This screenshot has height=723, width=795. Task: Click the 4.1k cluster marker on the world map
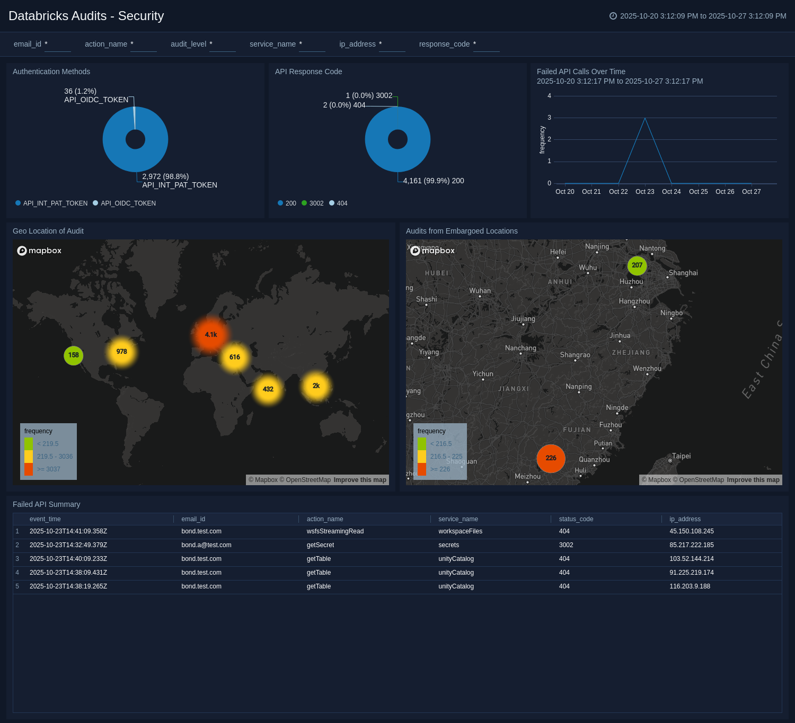[211, 335]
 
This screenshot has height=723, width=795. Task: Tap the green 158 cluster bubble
[74, 355]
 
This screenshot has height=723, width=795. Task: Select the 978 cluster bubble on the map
[121, 352]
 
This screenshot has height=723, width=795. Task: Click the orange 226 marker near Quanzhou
[551, 458]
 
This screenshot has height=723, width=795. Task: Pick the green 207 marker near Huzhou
[637, 265]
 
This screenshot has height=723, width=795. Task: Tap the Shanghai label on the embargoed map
[683, 273]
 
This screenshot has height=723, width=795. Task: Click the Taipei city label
[681, 456]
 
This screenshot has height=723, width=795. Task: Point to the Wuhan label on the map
[480, 291]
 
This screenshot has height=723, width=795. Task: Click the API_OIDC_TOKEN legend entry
[128, 203]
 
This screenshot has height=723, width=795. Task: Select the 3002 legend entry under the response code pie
[316, 203]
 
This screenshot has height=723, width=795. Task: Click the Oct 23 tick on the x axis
[644, 192]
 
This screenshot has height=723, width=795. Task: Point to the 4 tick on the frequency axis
[549, 96]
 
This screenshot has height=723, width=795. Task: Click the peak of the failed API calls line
[645, 118]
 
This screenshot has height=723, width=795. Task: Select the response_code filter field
[486, 44]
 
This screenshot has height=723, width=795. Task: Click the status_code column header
[576, 519]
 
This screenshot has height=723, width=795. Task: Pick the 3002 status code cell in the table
[566, 545]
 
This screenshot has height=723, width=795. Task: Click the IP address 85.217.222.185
[691, 545]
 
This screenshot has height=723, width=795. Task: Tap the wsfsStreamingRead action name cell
[335, 531]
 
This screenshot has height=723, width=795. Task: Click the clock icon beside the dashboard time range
[613, 16]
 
